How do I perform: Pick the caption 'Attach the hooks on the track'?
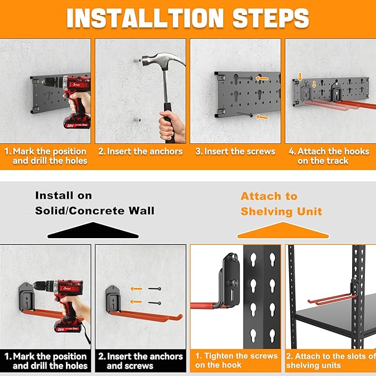[330, 156]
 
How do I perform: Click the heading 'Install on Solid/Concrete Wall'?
[95, 203]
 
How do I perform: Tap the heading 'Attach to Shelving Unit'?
[281, 204]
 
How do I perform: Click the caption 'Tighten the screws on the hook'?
[236, 360]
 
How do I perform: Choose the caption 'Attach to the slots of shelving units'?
[331, 360]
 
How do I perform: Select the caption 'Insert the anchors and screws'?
[140, 360]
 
